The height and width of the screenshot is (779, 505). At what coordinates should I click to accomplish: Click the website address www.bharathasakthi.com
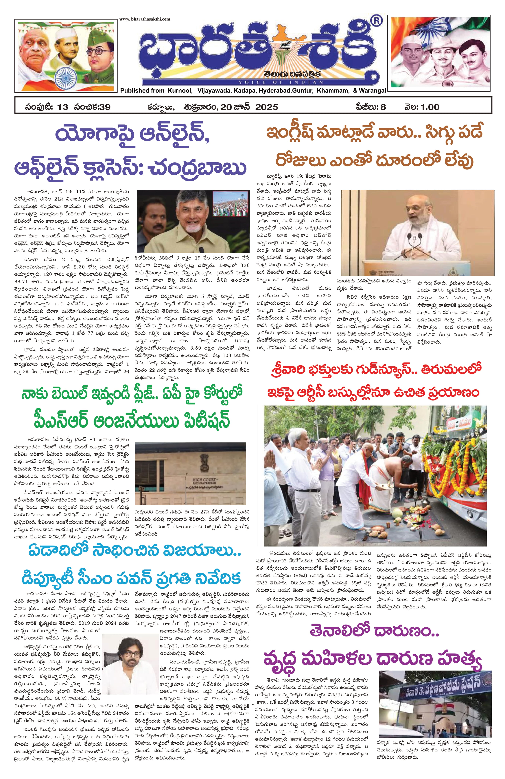click(x=144, y=19)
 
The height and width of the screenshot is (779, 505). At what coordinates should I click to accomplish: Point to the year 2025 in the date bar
click(x=267, y=107)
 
